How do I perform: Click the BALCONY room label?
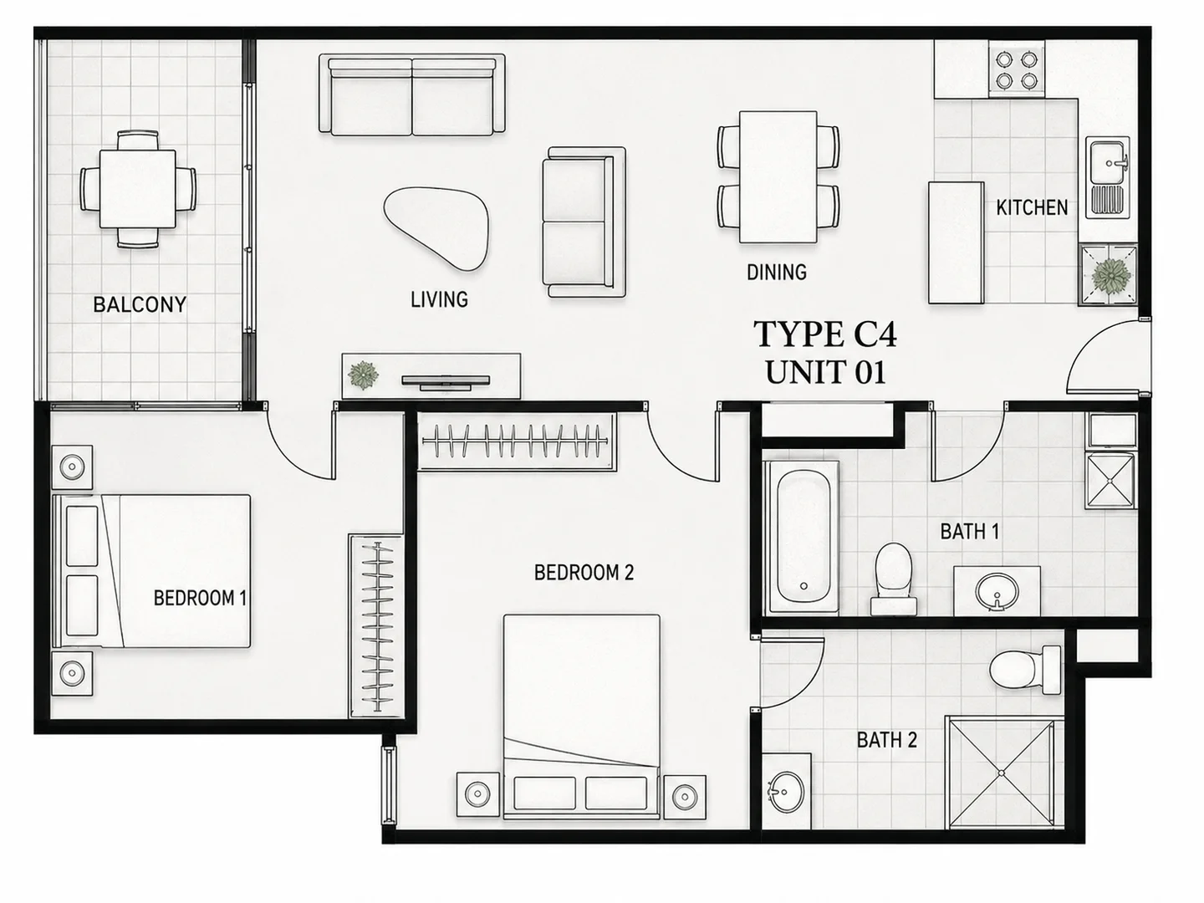140,304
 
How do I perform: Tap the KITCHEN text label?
1032,208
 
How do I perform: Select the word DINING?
777,272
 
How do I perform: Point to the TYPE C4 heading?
825,334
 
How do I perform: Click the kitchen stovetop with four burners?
1017,69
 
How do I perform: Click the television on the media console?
446,382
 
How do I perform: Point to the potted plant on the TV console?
363,375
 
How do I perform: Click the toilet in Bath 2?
1024,669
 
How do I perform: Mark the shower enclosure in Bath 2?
1002,773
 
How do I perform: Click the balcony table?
138,189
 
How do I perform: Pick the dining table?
778,177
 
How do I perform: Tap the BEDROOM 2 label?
584,573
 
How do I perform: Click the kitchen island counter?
956,242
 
